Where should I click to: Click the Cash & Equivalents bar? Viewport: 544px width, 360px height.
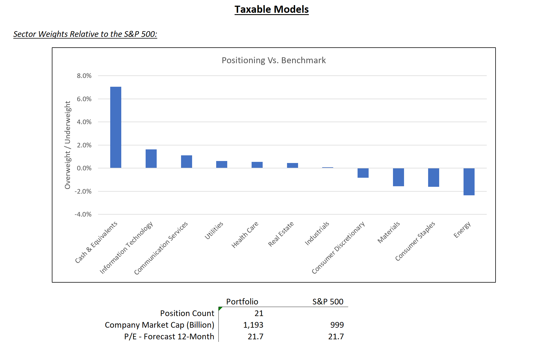(x=116, y=127)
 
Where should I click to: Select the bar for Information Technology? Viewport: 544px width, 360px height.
(x=151, y=158)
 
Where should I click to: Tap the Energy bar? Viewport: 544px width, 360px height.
(x=469, y=182)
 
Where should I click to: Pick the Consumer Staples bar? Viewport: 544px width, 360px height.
(x=433, y=177)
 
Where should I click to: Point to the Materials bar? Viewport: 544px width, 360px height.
(x=398, y=177)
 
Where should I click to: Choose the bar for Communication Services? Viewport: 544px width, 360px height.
(x=186, y=162)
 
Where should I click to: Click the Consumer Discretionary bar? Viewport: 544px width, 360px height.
(x=363, y=173)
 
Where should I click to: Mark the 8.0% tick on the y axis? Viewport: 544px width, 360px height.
(x=84, y=76)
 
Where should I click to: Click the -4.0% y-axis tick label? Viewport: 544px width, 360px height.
(x=83, y=214)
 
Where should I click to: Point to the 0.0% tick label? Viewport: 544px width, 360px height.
(x=84, y=168)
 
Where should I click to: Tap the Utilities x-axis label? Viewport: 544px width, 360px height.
(x=214, y=230)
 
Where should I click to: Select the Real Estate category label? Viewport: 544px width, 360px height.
(x=281, y=234)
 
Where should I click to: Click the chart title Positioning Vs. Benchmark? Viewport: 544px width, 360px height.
(x=274, y=60)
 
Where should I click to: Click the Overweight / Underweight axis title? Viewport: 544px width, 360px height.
(x=67, y=145)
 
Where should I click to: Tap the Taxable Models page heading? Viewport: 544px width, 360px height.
(x=271, y=9)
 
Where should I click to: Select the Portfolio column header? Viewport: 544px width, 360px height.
(x=242, y=301)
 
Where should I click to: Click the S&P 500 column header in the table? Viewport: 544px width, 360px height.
(x=328, y=301)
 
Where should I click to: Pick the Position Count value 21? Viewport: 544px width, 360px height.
(x=259, y=313)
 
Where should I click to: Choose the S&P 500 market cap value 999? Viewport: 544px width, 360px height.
(x=337, y=325)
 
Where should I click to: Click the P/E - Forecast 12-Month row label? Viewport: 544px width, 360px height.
(x=169, y=336)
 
